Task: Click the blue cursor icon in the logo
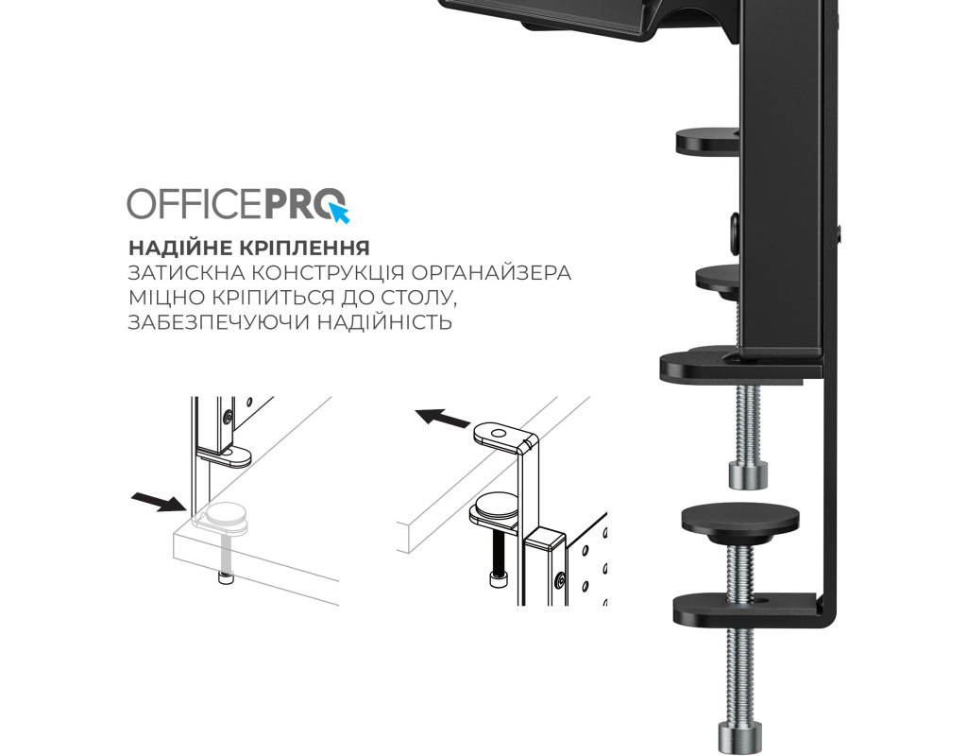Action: coord(340,213)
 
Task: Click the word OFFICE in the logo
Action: coord(195,203)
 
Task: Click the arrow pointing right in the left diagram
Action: coord(159,501)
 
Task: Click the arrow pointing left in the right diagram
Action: coord(443,419)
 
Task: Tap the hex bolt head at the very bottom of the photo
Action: coord(739,738)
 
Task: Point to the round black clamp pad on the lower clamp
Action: coord(740,520)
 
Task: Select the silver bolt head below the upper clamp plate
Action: coord(749,474)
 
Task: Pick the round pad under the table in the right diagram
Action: coord(497,504)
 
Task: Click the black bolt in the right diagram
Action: coord(497,558)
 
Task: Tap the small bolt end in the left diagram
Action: coord(226,577)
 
